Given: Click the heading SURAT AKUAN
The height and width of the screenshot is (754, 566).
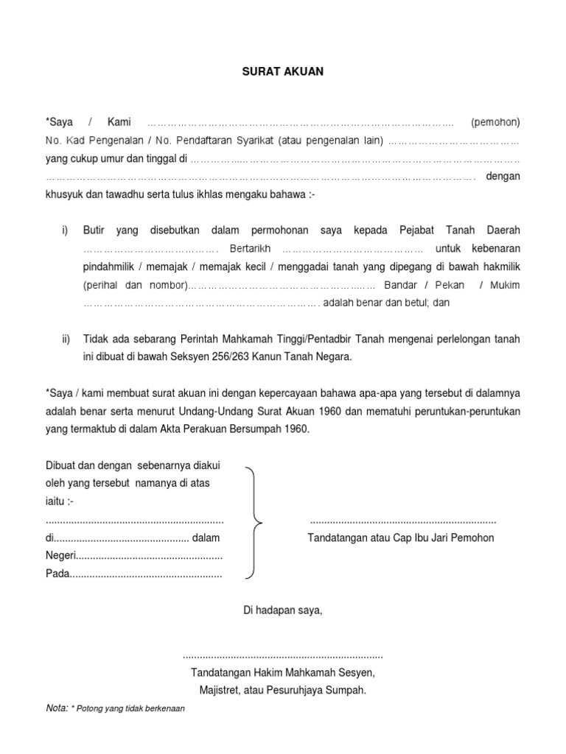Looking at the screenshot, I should [x=283, y=72].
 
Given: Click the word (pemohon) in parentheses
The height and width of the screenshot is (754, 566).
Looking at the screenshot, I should [x=495, y=121].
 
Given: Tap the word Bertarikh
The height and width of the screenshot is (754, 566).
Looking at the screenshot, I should [x=251, y=248].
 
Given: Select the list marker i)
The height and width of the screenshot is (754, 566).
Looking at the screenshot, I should [x=65, y=230].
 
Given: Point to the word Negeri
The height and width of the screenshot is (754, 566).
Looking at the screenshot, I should [x=60, y=556].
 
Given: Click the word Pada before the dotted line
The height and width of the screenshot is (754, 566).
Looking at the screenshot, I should [x=57, y=574].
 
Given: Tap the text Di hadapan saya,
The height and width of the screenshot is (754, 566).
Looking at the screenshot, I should [x=283, y=610].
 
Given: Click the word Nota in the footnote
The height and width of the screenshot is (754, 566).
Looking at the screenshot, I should [x=56, y=708].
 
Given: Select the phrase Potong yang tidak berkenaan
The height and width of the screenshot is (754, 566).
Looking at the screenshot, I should [x=130, y=709].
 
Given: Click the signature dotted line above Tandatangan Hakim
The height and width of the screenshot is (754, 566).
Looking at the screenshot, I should [x=283, y=655].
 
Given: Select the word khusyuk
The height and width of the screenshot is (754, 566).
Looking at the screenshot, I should [x=64, y=195].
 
